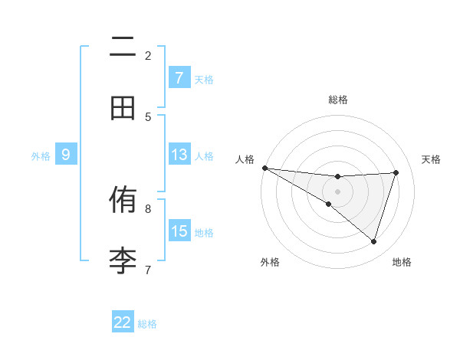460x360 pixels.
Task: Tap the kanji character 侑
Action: [123, 201]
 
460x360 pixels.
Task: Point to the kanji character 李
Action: [123, 260]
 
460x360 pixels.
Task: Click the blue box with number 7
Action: [179, 77]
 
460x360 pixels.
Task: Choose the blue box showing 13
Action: [179, 155]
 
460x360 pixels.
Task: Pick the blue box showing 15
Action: [179, 231]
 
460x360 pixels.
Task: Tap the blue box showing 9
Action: [66, 155]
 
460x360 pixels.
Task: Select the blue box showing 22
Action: [123, 322]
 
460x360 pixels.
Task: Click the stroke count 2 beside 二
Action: [148, 55]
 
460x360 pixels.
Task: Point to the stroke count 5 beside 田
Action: [148, 116]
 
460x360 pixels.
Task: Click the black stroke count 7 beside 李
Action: [148, 269]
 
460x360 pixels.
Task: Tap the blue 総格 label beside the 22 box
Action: [147, 324]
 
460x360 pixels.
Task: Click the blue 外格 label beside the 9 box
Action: [41, 156]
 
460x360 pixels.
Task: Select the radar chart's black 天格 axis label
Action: [432, 159]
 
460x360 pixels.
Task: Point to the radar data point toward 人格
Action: [264, 168]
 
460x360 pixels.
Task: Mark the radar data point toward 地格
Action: [374, 242]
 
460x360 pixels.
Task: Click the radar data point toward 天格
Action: [396, 172]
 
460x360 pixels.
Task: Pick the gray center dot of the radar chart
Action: [337, 191]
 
